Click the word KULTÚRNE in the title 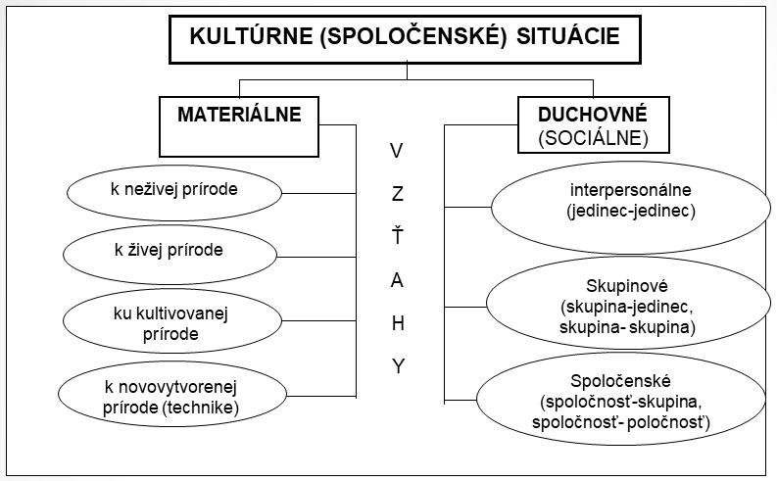pyautogui.click(x=251, y=36)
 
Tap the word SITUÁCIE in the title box pyautogui.click(x=568, y=36)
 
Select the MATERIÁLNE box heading pyautogui.click(x=239, y=115)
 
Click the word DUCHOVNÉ pyautogui.click(x=593, y=115)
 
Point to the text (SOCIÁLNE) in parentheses pyautogui.click(x=593, y=138)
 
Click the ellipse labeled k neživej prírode pyautogui.click(x=174, y=193)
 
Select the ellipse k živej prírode pyautogui.click(x=170, y=255)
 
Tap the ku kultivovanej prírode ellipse pyautogui.click(x=172, y=321)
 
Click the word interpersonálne pyautogui.click(x=630, y=190)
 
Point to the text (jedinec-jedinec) pyautogui.click(x=631, y=211)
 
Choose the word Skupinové pyautogui.click(x=627, y=286)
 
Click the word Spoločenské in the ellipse pyautogui.click(x=620, y=381)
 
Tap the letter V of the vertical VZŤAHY pyautogui.click(x=397, y=151)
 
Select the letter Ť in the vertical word pyautogui.click(x=398, y=235)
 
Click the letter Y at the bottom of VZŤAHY pyautogui.click(x=398, y=366)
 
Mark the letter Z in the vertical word pyautogui.click(x=398, y=194)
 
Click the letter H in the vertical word pyautogui.click(x=398, y=323)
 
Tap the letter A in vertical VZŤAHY pyautogui.click(x=398, y=281)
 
